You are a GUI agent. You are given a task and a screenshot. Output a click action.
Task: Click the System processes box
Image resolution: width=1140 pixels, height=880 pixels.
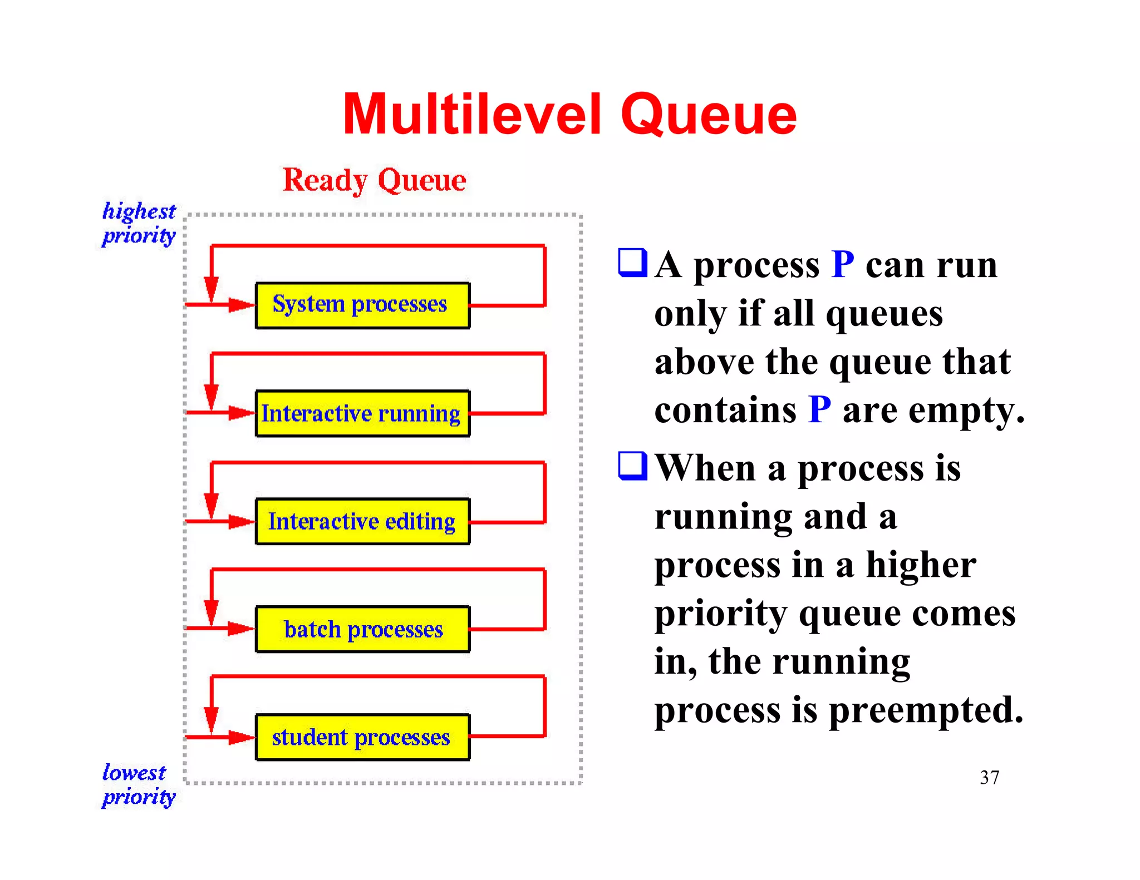coord(362,305)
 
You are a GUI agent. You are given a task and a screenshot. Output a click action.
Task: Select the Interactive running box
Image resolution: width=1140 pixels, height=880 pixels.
coord(362,413)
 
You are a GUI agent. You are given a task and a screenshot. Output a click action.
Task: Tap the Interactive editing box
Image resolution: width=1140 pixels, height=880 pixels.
coord(362,521)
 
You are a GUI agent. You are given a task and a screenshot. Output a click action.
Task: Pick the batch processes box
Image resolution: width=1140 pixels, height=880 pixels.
coord(362,629)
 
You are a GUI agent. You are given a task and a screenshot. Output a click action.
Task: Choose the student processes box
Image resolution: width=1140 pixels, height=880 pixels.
coord(362,737)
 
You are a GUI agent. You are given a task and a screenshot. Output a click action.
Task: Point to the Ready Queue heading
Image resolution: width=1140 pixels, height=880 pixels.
coord(374,180)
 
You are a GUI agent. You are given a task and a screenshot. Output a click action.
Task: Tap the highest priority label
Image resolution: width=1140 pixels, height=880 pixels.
coord(139,223)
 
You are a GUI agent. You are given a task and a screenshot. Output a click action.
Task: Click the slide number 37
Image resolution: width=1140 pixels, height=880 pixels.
coord(989,777)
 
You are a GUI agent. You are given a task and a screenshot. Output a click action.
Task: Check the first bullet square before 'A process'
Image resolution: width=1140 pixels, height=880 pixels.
coord(632,263)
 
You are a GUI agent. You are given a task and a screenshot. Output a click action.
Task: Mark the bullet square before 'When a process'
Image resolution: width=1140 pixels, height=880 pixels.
coord(632,466)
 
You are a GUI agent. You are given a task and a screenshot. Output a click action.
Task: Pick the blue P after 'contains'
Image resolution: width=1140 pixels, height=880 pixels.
coord(819,410)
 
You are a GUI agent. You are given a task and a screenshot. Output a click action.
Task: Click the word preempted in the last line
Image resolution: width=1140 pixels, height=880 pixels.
coord(925,711)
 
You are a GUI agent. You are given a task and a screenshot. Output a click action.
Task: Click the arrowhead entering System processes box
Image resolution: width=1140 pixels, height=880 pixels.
coord(241,305)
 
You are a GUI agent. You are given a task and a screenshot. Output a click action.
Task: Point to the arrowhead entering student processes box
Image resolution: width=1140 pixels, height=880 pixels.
coord(241,737)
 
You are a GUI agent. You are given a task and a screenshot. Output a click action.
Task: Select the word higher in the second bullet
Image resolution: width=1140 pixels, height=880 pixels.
coord(921,565)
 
